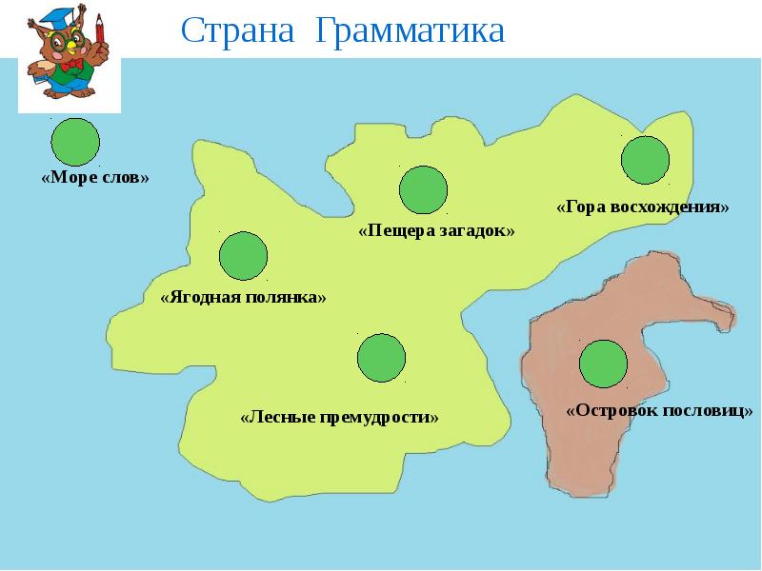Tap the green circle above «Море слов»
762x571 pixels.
click(75, 142)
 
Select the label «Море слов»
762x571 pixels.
click(96, 178)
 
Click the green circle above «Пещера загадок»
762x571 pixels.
click(423, 189)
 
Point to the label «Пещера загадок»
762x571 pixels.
click(436, 230)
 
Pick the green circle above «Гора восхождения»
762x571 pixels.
click(646, 160)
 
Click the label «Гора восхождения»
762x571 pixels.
click(643, 207)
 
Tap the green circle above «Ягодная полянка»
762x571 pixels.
click(243, 255)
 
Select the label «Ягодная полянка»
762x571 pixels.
click(244, 297)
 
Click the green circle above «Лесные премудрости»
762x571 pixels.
click(381, 358)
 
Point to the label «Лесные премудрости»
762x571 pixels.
click(340, 417)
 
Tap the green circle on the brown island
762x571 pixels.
click(603, 364)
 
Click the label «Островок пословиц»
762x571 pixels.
click(659, 411)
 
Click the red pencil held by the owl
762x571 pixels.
click(99, 28)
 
